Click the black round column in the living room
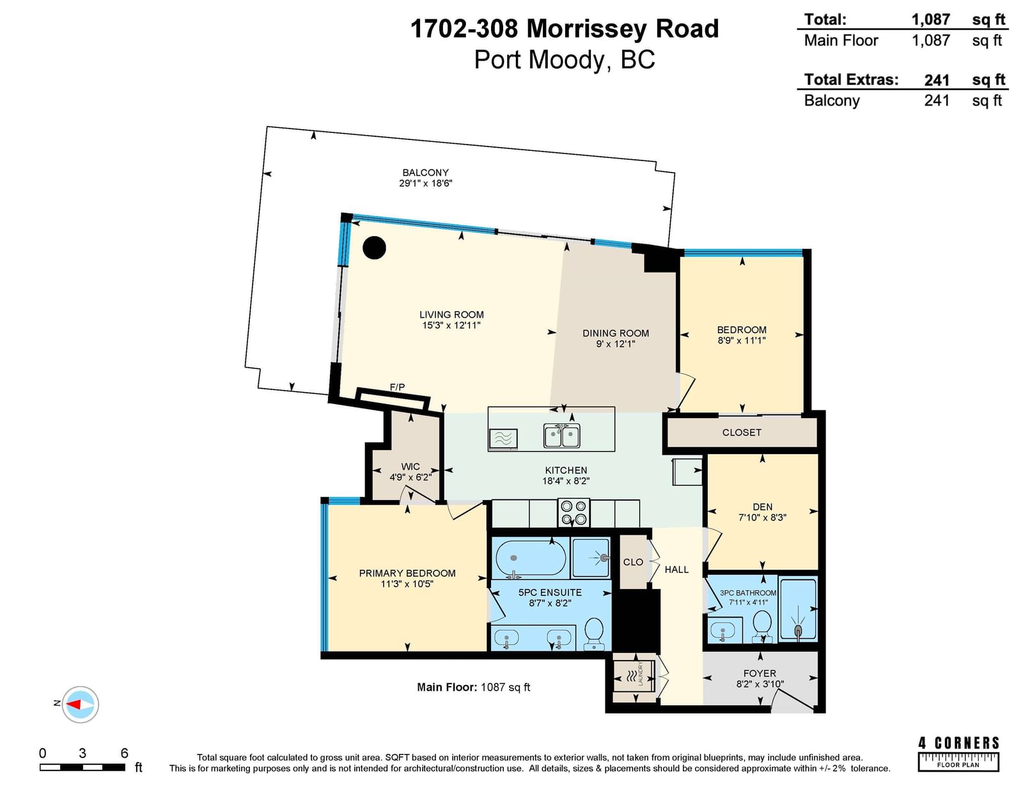tap(374, 247)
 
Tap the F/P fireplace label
tap(397, 387)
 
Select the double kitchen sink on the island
tap(561, 436)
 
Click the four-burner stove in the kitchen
tap(574, 513)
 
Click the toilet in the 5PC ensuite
tap(594, 634)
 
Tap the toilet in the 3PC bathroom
tap(762, 626)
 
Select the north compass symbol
tap(80, 705)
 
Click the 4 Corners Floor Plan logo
tap(958, 754)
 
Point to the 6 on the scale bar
tap(124, 753)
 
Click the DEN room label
tap(762, 506)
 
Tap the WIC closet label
tap(410, 467)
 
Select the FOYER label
tap(760, 673)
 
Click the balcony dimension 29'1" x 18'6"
tap(426, 183)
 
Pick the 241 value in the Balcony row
tap(937, 101)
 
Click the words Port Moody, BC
tap(565, 60)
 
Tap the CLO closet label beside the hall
tap(633, 561)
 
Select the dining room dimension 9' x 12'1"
tap(615, 344)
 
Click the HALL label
tap(676, 569)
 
